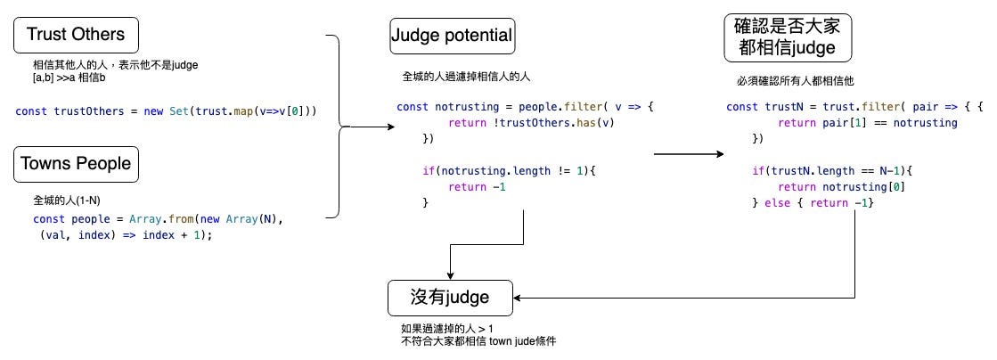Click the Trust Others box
[x=75, y=35]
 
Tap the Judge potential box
[x=452, y=37]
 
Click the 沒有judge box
[x=451, y=298]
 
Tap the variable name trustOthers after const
[x=85, y=111]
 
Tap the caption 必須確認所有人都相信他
[x=796, y=81]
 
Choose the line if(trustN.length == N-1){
[x=832, y=170]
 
